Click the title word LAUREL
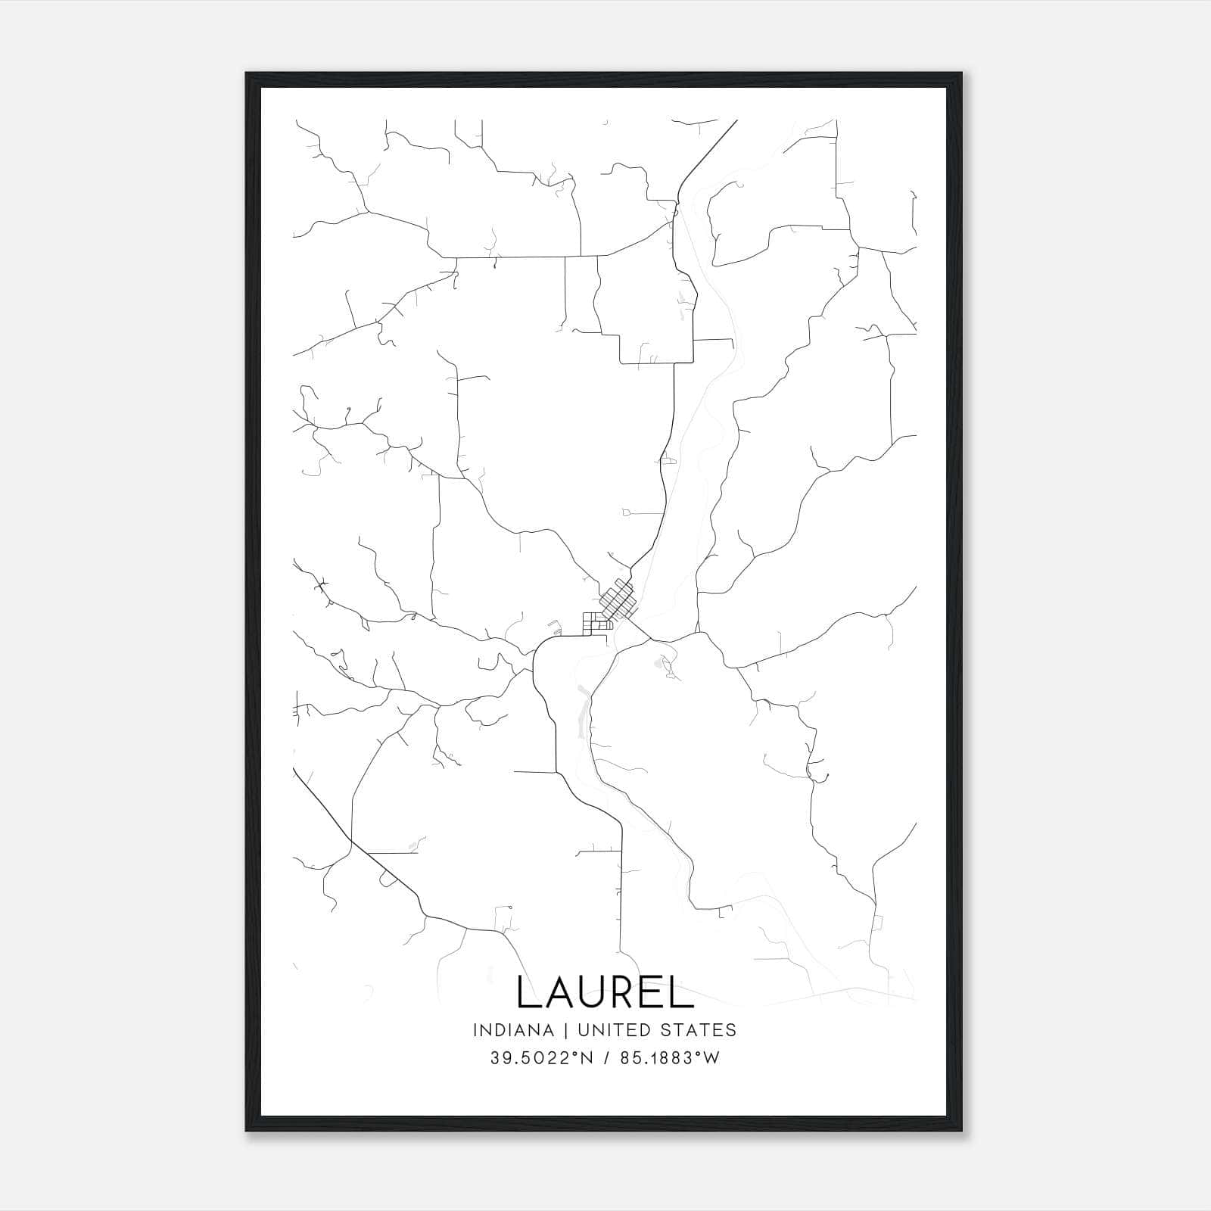pos(605,992)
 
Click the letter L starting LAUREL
pos(527,992)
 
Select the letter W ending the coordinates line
pos(711,1058)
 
